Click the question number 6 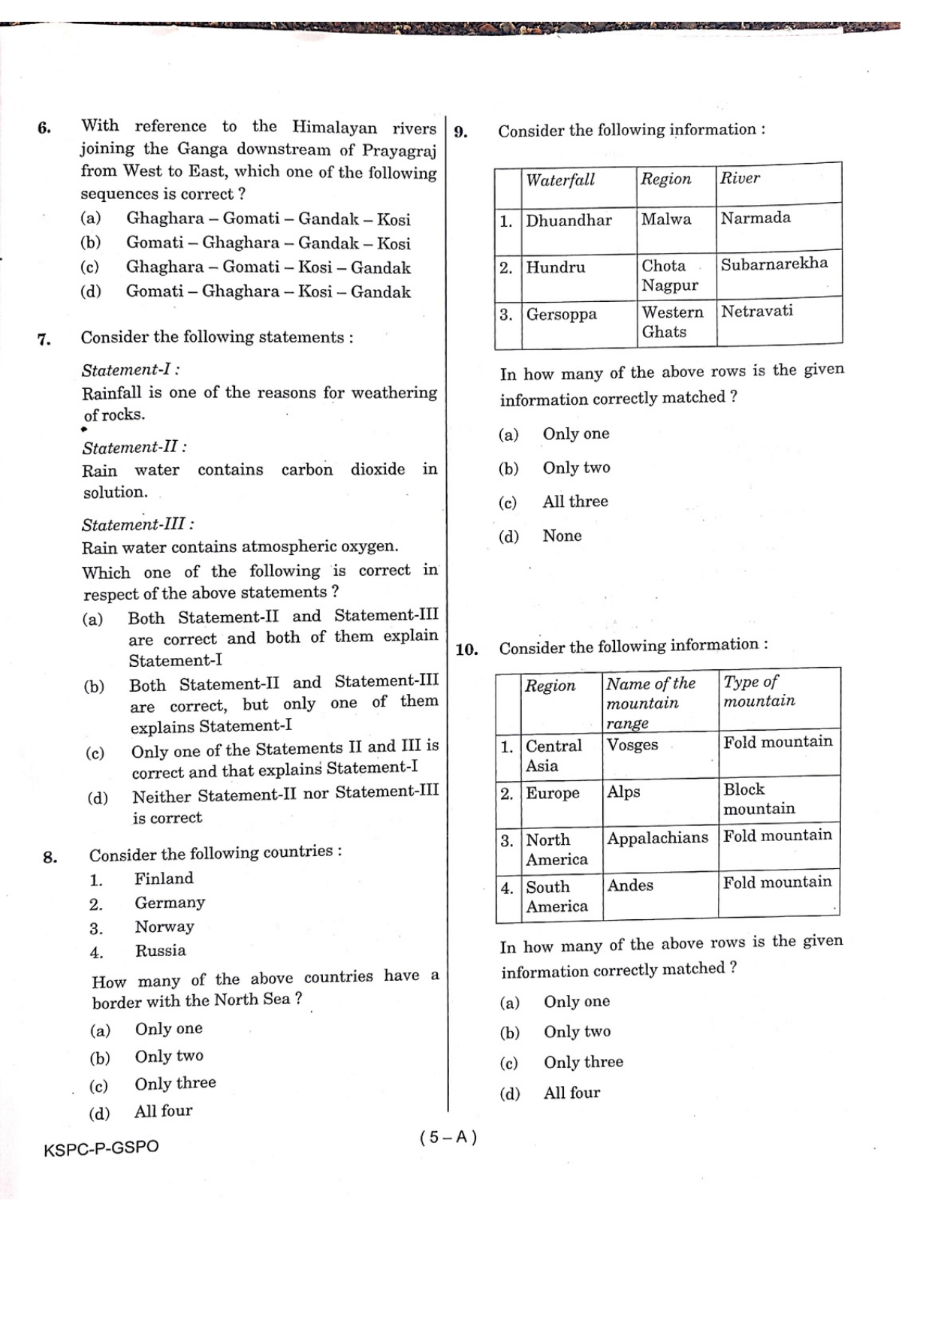pyautogui.click(x=44, y=128)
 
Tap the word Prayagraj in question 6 pyautogui.click(x=399, y=150)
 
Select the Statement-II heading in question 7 pyautogui.click(x=134, y=448)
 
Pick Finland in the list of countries pyautogui.click(x=164, y=879)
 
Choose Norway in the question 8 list pyautogui.click(x=164, y=927)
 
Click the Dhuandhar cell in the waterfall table pyautogui.click(x=569, y=220)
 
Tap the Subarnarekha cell pyautogui.click(x=774, y=264)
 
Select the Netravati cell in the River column pyautogui.click(x=757, y=311)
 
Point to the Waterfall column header pyautogui.click(x=560, y=179)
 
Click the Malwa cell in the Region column pyautogui.click(x=666, y=219)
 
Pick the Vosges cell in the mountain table pyautogui.click(x=632, y=745)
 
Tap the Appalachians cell pyautogui.click(x=657, y=838)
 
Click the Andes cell pyautogui.click(x=630, y=885)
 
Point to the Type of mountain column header pyautogui.click(x=759, y=692)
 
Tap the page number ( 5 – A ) pyautogui.click(x=448, y=1137)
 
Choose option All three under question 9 pyautogui.click(x=575, y=502)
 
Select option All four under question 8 pyautogui.click(x=163, y=1111)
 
